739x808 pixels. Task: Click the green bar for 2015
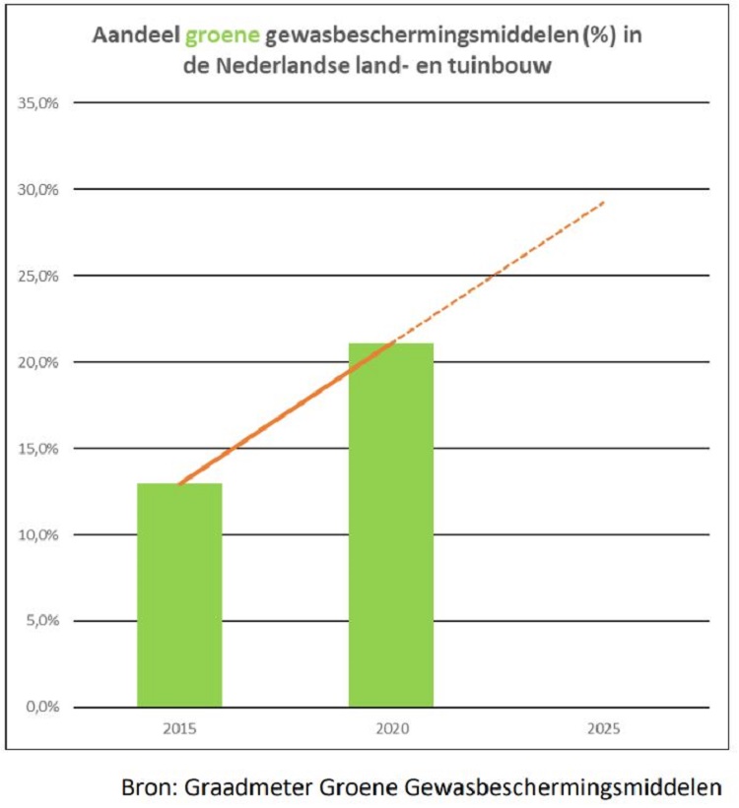click(179, 594)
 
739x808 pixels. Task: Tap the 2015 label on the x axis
click(178, 729)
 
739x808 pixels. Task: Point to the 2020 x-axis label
click(391, 729)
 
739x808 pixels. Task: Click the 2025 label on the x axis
click(603, 729)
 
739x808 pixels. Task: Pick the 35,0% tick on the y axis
click(37, 102)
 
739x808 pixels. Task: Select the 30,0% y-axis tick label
click(37, 189)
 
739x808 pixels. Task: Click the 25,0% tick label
click(37, 276)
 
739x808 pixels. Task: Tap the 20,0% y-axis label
click(37, 362)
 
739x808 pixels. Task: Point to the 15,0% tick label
click(37, 449)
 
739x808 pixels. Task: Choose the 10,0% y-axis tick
click(37, 535)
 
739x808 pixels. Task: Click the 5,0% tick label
click(40, 621)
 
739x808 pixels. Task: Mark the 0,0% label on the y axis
click(40, 708)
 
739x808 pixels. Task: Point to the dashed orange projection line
click(503, 270)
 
